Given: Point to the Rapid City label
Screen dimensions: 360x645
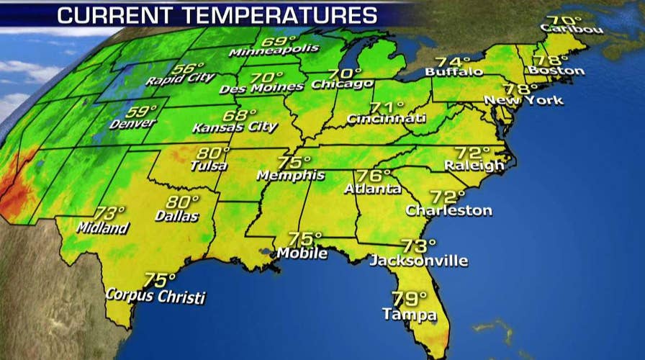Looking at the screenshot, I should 175,78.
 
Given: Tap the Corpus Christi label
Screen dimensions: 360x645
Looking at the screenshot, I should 155,295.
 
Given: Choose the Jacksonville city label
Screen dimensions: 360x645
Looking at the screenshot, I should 418,260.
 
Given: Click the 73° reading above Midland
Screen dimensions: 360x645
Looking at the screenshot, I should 109,214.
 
